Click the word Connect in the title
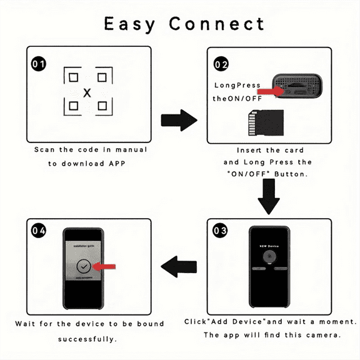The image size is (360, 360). tap(217, 24)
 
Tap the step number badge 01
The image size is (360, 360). tap(39, 64)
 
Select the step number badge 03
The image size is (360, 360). tap(220, 231)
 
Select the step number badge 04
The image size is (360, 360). tap(39, 231)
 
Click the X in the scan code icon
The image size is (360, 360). tap(87, 92)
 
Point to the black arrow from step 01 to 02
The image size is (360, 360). tap(179, 121)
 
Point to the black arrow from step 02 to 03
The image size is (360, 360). tap(269, 196)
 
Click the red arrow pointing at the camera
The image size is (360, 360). tap(270, 92)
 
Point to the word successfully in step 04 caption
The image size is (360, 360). tap(87, 339)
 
